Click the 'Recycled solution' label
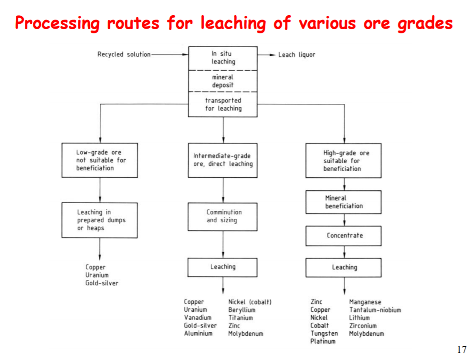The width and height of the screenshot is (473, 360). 124,54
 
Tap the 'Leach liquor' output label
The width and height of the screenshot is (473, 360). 296,55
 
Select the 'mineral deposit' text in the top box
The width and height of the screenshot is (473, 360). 223,81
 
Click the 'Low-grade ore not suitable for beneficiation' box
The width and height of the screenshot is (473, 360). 99,160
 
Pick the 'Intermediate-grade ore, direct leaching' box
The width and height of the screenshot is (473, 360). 222,160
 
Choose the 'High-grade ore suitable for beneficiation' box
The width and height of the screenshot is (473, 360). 343,161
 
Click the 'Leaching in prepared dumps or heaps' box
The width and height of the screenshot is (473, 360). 99,220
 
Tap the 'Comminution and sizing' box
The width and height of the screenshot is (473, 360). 222,216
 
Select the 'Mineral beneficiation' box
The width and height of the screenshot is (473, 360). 343,202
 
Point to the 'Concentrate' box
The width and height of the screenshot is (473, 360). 343,236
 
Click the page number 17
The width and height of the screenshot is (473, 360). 462,350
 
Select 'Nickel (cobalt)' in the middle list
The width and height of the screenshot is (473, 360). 250,302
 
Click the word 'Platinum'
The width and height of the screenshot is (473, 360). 323,341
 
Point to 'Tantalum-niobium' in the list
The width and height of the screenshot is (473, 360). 375,310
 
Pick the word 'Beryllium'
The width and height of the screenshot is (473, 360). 242,310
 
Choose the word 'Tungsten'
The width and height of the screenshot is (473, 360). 324,333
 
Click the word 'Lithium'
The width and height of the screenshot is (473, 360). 359,318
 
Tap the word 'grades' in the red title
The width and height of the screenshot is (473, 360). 424,22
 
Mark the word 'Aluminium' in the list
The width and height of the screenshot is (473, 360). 198,333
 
